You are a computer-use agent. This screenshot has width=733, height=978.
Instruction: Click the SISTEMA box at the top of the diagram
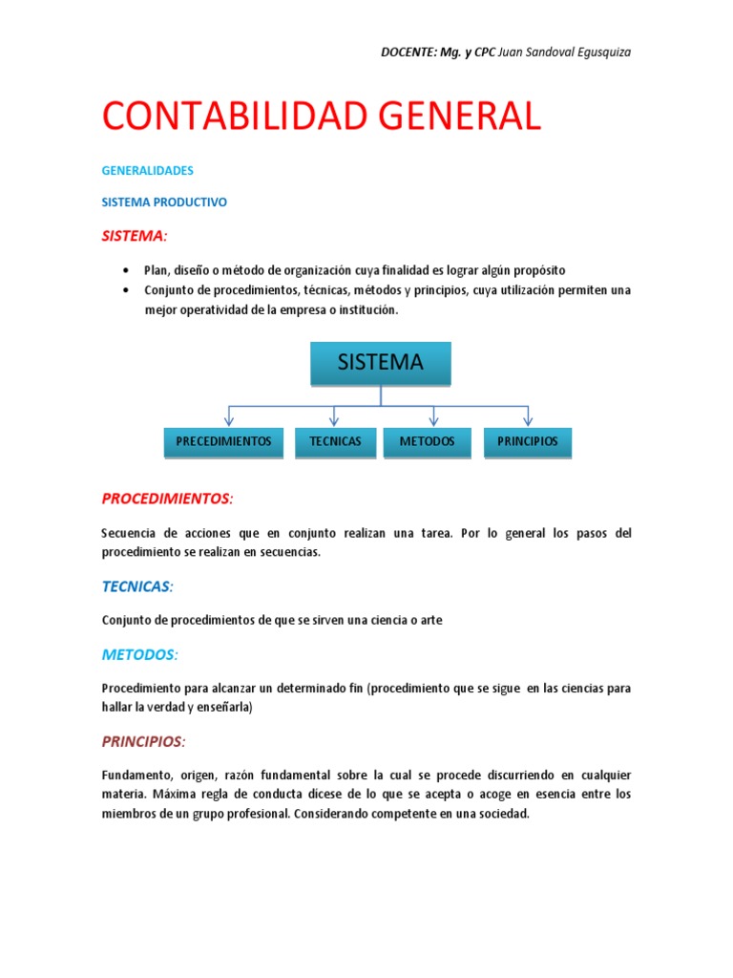[380, 364]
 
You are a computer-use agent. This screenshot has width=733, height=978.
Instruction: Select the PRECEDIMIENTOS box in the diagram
[223, 442]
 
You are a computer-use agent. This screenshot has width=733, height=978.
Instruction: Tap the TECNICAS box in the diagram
[335, 442]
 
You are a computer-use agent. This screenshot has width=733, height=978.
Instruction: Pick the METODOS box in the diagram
[427, 442]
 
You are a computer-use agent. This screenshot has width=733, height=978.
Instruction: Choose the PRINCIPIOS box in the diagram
[528, 442]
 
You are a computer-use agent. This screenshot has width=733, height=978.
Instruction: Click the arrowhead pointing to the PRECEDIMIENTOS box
[228, 419]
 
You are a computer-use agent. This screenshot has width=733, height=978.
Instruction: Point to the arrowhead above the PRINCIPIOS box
[528, 419]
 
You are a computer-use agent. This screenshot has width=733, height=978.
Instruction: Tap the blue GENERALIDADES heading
[147, 171]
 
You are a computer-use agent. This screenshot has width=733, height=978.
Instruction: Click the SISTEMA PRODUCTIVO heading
[164, 202]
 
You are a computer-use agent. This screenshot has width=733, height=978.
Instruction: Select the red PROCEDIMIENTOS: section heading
[167, 500]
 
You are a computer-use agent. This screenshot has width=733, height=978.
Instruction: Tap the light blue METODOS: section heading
[139, 654]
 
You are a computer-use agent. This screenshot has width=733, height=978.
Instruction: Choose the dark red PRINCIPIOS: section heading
[144, 741]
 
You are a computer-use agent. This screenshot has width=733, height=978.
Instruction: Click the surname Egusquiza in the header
[599, 52]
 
